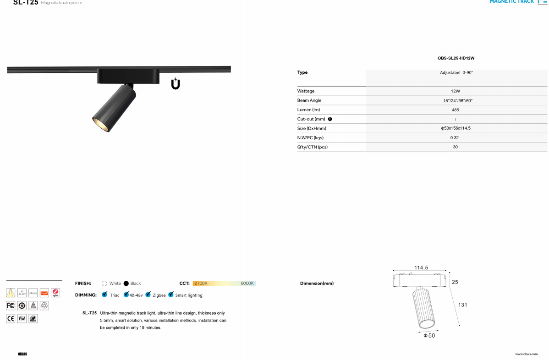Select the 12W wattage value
point(455,91)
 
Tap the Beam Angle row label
point(309,100)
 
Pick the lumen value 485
point(455,110)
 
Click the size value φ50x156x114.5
point(455,128)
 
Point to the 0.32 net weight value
point(455,138)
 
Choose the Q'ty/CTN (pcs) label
point(313,147)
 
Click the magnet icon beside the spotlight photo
point(176,84)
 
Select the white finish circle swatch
point(104,284)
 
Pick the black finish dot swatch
point(126,284)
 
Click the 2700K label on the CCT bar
point(201,284)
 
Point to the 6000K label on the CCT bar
point(247,284)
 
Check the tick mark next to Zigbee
point(148,295)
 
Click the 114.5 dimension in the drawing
point(421,267)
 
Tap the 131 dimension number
point(462,305)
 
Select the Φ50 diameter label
point(429,336)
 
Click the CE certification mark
point(11,318)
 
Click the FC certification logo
point(11,305)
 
